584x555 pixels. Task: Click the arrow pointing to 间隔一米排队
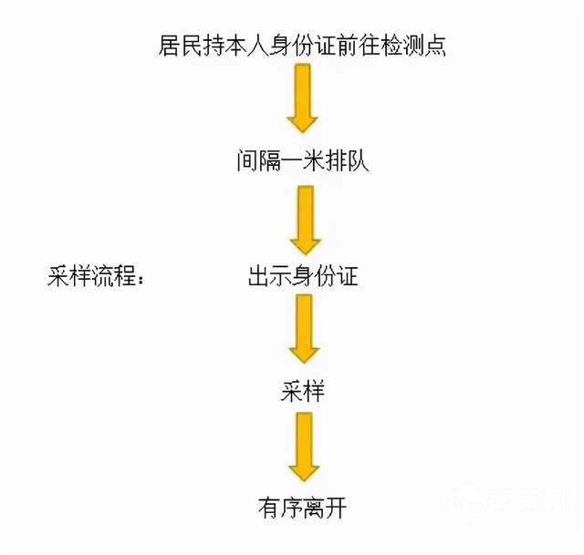[303, 101]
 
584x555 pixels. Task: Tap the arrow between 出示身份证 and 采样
[304, 329]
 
